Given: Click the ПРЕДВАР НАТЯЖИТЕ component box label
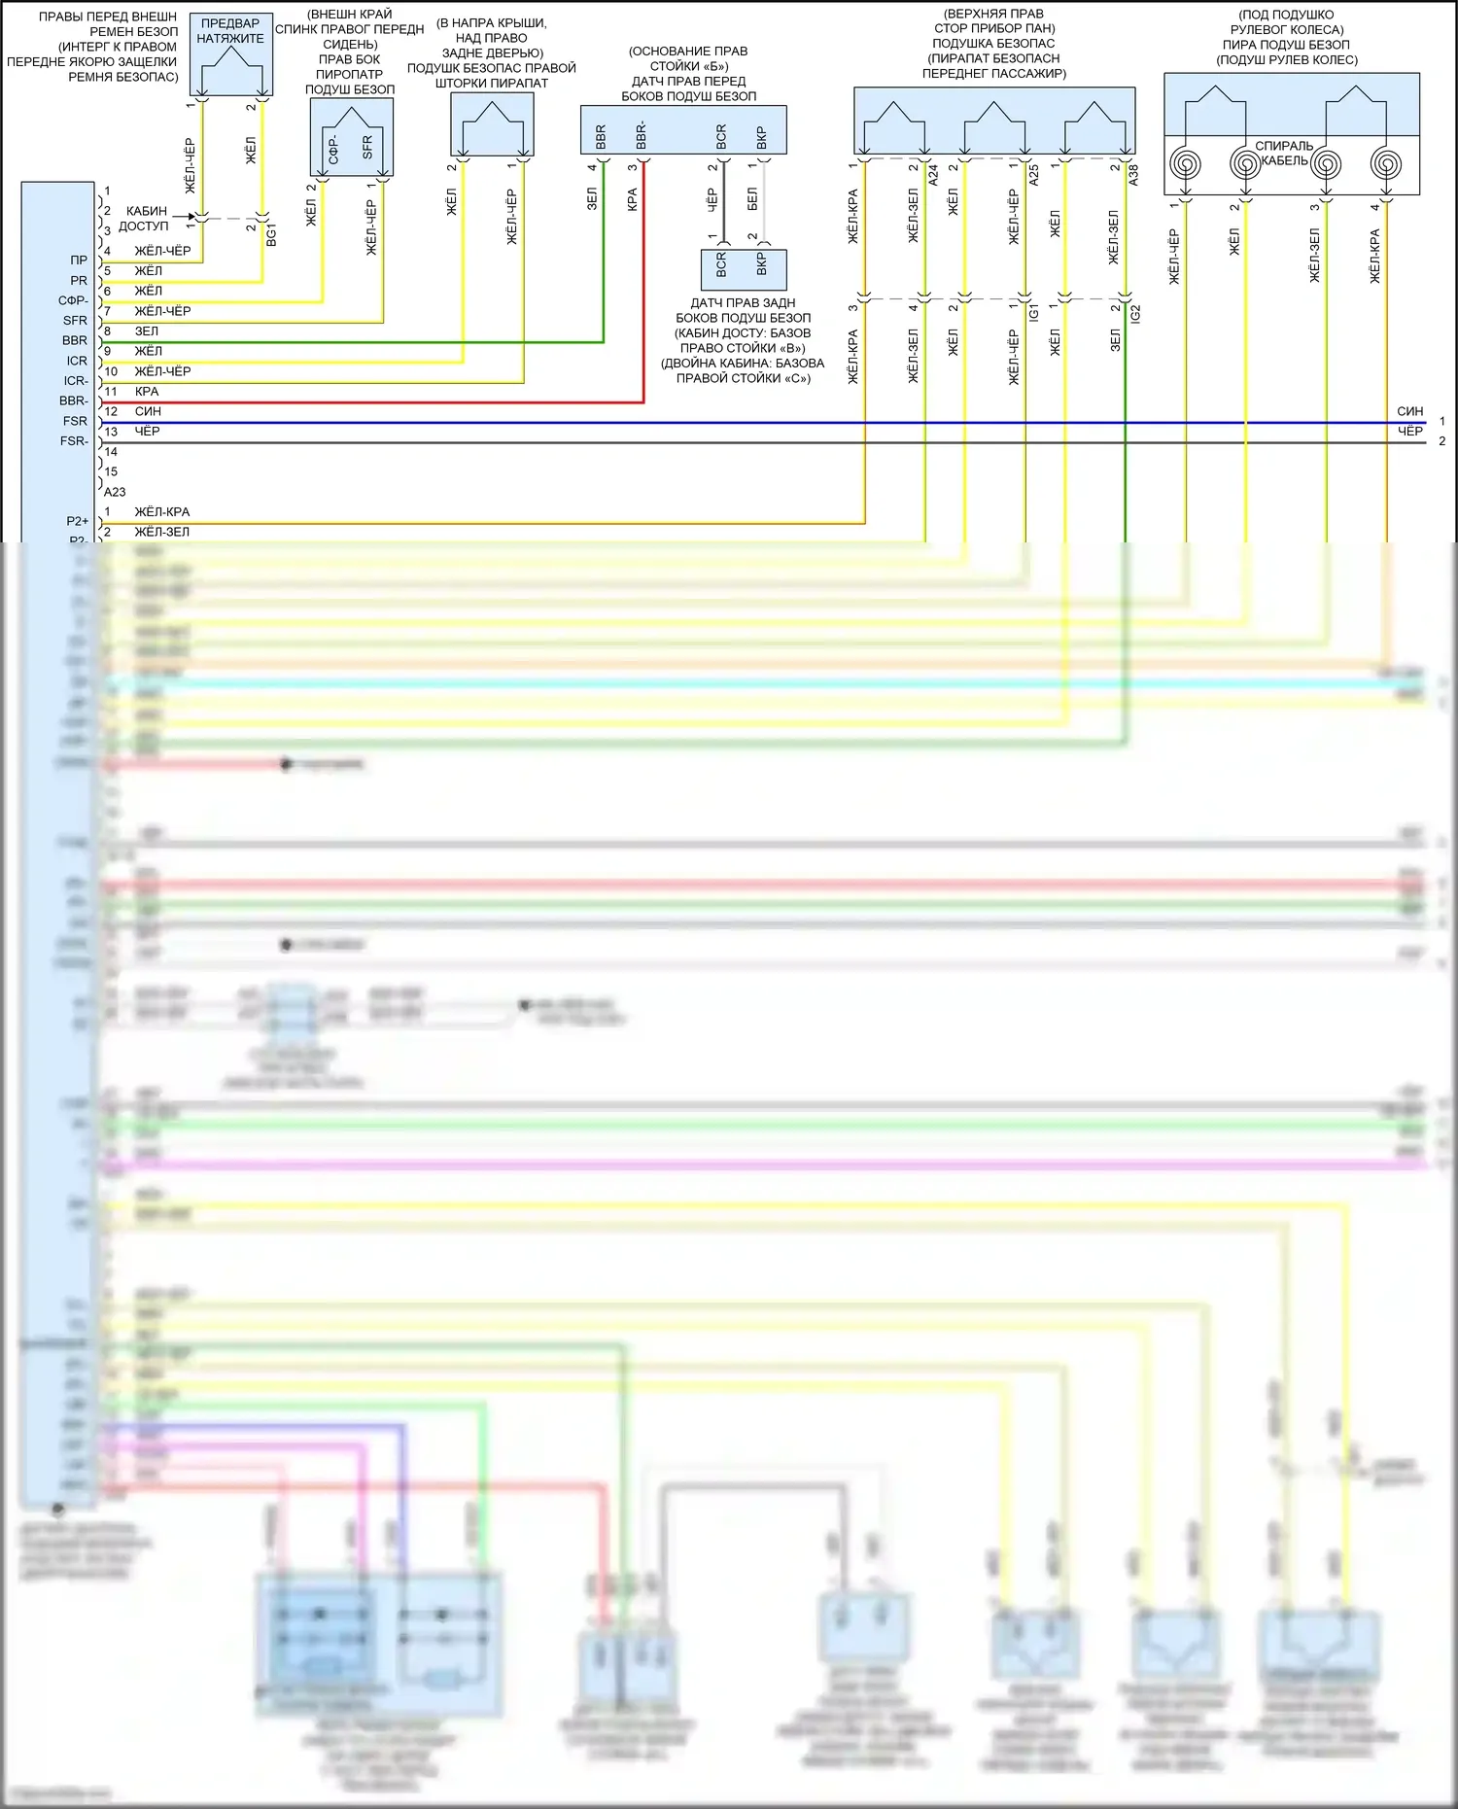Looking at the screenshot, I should [x=230, y=31].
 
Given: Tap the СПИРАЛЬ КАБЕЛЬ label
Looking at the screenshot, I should [x=1284, y=154].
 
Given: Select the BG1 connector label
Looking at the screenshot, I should [x=271, y=234].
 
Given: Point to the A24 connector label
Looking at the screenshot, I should [x=933, y=175].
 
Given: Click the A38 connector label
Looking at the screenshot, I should [x=1133, y=175].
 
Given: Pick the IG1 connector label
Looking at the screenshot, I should [x=1033, y=313].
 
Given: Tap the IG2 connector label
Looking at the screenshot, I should [x=1134, y=313].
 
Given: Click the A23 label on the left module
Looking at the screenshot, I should [x=115, y=492].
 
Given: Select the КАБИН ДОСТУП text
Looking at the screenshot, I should [x=145, y=219].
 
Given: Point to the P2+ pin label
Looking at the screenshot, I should [x=77, y=522].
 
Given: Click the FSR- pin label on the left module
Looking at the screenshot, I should [x=74, y=441].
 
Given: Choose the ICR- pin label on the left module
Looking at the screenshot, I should [x=75, y=381].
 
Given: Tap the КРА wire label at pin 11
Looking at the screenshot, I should [x=147, y=392].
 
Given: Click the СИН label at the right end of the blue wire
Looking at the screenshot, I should [x=1409, y=412].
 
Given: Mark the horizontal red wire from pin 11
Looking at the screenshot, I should [x=389, y=401].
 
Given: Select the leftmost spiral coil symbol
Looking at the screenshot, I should [x=1185, y=163].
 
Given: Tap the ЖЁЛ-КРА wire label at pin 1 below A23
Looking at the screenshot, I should [x=162, y=512].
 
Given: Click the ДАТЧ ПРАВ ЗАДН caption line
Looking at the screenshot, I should [x=743, y=303].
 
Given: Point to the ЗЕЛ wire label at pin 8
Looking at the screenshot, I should [x=147, y=331].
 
